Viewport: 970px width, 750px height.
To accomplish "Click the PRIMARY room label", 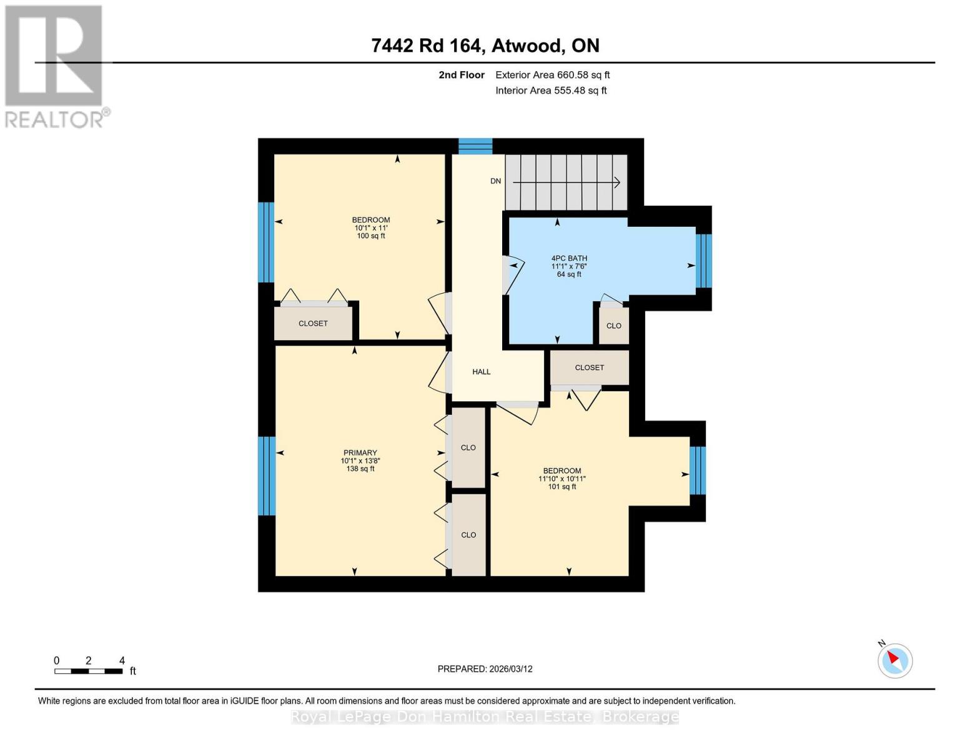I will coord(360,452).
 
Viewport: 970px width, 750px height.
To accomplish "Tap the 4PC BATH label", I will coord(569,258).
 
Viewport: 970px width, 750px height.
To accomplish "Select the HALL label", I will coord(481,372).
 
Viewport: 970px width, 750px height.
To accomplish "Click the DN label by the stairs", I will coord(495,181).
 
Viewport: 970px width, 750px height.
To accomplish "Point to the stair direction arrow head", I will coord(616,182).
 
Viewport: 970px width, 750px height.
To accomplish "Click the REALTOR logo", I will coord(55,66).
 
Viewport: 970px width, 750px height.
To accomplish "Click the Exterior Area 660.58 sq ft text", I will coord(552,75).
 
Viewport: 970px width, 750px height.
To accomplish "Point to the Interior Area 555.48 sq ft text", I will coord(551,91).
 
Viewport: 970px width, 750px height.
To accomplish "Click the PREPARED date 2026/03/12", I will coord(485,669).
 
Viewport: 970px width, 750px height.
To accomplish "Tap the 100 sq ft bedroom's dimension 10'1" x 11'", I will coord(371,228).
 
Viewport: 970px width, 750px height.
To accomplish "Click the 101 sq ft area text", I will coord(562,487).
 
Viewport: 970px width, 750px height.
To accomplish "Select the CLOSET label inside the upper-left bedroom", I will coord(313,324).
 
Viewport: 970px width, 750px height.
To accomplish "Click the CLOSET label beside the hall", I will coord(589,367).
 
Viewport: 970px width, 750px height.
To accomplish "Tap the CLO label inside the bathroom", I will coord(613,326).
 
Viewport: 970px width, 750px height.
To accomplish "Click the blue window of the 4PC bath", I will coord(703,261).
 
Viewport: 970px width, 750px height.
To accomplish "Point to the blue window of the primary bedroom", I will coord(267,476).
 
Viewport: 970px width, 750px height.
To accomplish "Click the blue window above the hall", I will coord(475,146).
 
